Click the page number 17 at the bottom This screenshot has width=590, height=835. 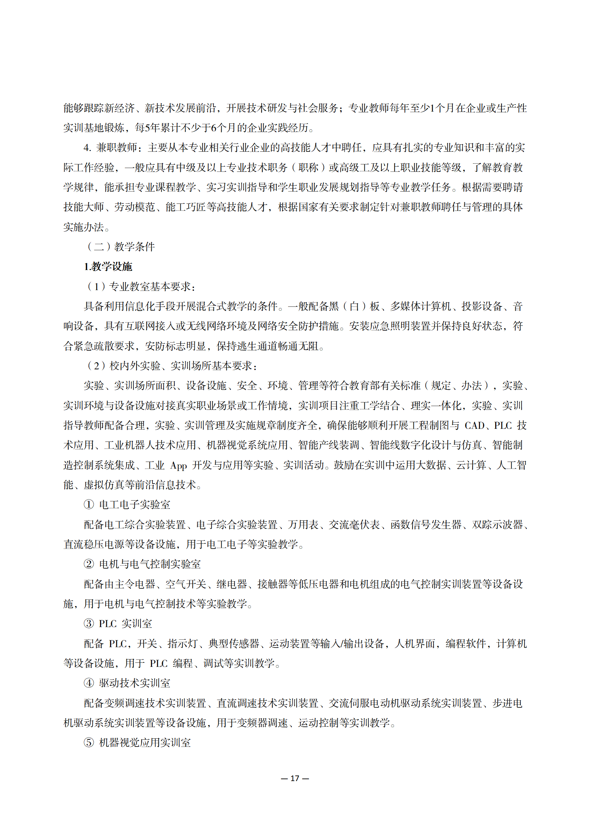coord(295,778)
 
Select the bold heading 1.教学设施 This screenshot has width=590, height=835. coord(108,267)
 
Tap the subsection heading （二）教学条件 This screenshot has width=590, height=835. coord(120,247)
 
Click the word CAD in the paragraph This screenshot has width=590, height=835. coord(474,425)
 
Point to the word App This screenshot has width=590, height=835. coord(178,465)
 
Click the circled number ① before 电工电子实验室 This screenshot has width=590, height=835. coord(89,505)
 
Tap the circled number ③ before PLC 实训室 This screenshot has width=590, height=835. coord(89,624)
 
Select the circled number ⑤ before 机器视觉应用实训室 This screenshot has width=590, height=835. coord(89,743)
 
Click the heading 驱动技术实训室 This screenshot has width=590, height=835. coord(135,683)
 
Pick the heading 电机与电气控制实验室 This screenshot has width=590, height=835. coord(150,564)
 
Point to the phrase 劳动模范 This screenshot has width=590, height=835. coord(135,207)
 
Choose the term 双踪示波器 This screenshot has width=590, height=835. coord(497,525)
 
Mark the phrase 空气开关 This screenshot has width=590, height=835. coord(186,584)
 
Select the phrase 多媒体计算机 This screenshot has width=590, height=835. coord(420,306)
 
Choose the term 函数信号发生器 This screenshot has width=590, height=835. coord(426,525)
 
